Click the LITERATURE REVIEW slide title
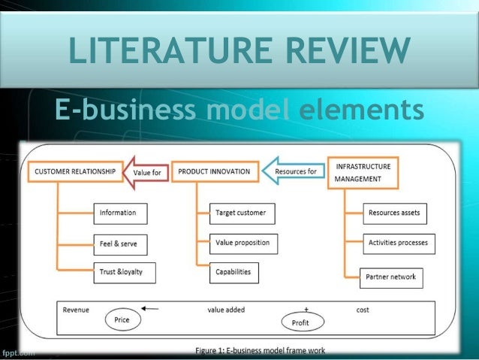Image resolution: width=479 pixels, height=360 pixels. pyautogui.click(x=239, y=53)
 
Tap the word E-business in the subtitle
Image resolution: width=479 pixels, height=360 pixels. pyautogui.click(x=124, y=110)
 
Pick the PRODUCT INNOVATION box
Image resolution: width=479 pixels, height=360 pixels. pyautogui.click(x=214, y=172)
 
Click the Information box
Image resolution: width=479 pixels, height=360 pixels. pyautogui.click(x=119, y=213)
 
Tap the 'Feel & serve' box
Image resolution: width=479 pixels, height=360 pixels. pyautogui.click(x=119, y=244)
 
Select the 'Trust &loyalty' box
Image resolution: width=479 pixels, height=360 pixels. pyautogui.click(x=125, y=272)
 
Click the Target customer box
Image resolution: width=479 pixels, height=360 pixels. pyautogui.click(x=241, y=213)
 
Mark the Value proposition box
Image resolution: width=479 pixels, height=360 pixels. pyautogui.click(x=242, y=244)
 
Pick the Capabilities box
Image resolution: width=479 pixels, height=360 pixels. pyautogui.click(x=234, y=272)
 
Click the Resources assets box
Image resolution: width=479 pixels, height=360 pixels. pyautogui.click(x=393, y=213)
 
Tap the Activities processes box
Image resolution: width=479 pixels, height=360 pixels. pyautogui.click(x=398, y=244)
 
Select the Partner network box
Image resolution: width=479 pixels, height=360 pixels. pyautogui.click(x=390, y=277)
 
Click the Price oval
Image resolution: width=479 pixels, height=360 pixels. pyautogui.click(x=122, y=319)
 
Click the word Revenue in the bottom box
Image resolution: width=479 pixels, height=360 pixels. pyautogui.click(x=76, y=310)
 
